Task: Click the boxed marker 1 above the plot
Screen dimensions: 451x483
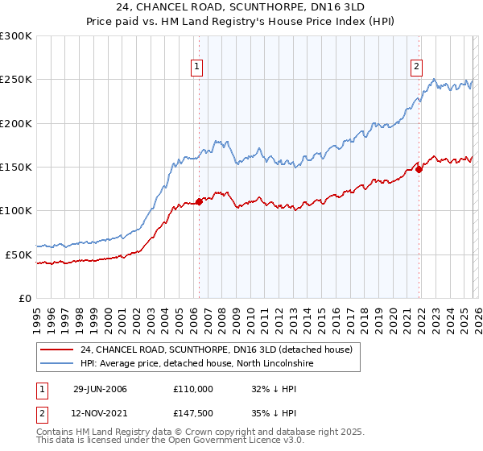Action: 197,68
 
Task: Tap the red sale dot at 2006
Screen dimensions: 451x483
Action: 199,202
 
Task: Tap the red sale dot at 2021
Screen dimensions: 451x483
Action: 419,169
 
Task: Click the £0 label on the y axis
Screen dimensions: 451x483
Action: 24,298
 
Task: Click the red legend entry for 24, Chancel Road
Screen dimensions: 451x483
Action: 217,350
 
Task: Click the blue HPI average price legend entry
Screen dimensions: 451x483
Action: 201,364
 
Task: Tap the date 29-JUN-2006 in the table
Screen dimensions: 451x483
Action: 100,389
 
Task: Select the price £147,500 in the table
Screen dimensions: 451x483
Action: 193,413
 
